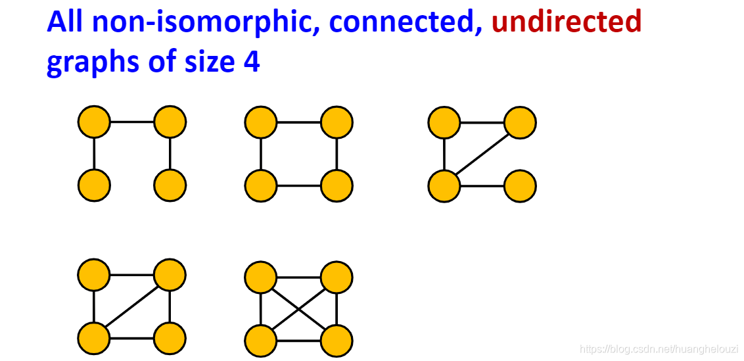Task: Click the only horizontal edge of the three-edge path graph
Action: [x=132, y=122]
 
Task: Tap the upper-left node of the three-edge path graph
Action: [x=94, y=122]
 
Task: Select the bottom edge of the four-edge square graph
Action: [x=299, y=185]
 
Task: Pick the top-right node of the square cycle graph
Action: [x=337, y=122]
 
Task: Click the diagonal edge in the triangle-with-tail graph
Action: [x=482, y=154]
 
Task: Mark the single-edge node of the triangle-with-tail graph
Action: [x=520, y=185]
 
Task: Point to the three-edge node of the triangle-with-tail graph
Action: [x=444, y=185]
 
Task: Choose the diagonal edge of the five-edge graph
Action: [x=132, y=306]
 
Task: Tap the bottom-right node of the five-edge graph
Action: [x=170, y=339]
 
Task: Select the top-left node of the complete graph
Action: [x=261, y=277]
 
